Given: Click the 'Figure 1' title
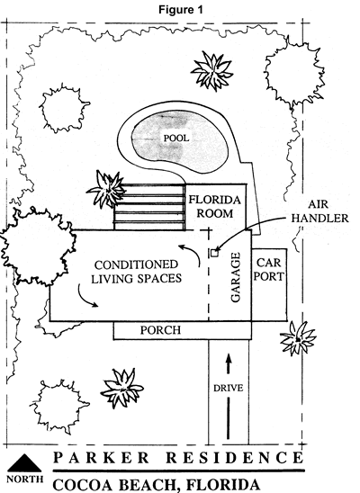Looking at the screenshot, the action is pos(181,10).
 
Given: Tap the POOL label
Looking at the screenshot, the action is pos(176,138).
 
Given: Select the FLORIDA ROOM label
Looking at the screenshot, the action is pos(215,207).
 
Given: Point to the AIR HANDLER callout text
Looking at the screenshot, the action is pos(319,211).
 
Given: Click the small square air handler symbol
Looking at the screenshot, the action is pos(214,253).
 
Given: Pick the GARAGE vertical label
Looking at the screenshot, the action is pos(236,277).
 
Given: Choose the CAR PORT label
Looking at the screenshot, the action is pos(269,270).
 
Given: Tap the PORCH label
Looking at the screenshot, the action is pos(160,330).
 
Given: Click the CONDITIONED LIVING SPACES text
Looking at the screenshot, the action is pos(137,272).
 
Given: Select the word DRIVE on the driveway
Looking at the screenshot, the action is pos(229,389).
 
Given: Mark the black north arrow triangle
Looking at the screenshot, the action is pos(24,462).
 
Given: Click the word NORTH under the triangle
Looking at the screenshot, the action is pos(25,480).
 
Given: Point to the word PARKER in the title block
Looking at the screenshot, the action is pos(101,458).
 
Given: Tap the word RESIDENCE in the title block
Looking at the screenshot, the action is pos(234,458).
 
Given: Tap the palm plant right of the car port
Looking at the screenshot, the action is pos(298,338).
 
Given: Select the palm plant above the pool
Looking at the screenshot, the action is pos(213,70).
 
